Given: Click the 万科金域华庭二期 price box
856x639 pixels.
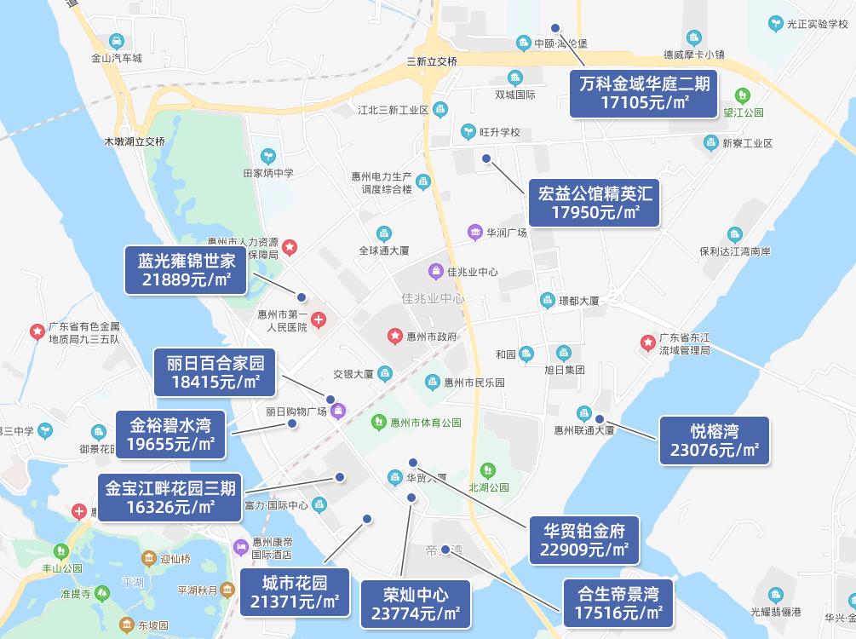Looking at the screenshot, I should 644,94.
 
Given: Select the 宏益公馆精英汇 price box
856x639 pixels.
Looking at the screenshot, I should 595,203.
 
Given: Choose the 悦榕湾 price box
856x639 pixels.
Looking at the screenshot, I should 715,440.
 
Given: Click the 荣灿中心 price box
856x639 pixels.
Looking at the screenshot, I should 416,603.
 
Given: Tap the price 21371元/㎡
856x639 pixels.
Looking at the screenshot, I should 295,603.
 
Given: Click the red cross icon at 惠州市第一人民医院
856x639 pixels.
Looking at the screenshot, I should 319,320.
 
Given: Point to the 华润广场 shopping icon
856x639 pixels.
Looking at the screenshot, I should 475,232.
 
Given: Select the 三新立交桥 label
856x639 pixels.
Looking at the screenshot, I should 432,61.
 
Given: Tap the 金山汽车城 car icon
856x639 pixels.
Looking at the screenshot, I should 117,41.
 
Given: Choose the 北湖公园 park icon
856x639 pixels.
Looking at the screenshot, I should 488,469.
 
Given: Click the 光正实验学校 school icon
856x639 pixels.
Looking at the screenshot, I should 774,24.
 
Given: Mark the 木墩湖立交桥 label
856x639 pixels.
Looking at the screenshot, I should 135,141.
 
